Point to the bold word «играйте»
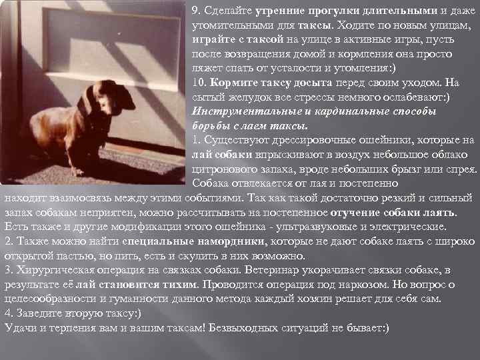point(211,39)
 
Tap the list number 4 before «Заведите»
point(8,313)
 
